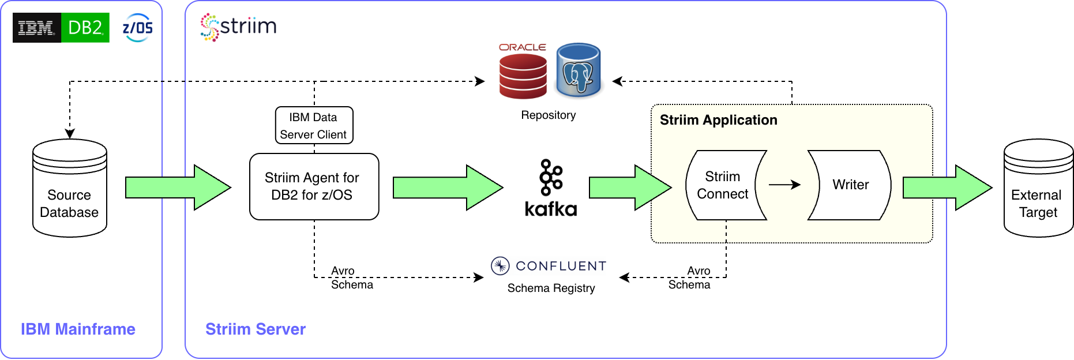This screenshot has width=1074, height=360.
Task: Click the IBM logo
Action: coord(36,28)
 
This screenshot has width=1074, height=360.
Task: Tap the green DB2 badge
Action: coord(85,28)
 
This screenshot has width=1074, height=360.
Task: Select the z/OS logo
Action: coord(138,28)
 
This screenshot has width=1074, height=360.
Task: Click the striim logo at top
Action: coord(238,27)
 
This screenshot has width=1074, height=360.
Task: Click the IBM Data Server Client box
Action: coord(314,125)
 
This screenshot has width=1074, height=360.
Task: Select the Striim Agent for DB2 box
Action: coord(314,186)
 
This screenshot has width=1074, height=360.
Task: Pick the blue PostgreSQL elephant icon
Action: coord(579,71)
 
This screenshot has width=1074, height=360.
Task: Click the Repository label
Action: coord(548,115)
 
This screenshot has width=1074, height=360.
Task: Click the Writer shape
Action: coord(850,185)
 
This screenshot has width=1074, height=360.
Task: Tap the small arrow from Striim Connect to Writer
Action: coord(784,185)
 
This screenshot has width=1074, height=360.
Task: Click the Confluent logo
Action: coord(549,266)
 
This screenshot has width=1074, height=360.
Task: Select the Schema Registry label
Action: coord(551,288)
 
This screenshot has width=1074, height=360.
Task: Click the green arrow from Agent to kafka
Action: coord(447,187)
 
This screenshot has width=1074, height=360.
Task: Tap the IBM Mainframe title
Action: coord(78,329)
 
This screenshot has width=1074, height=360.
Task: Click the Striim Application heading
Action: coord(718,120)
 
